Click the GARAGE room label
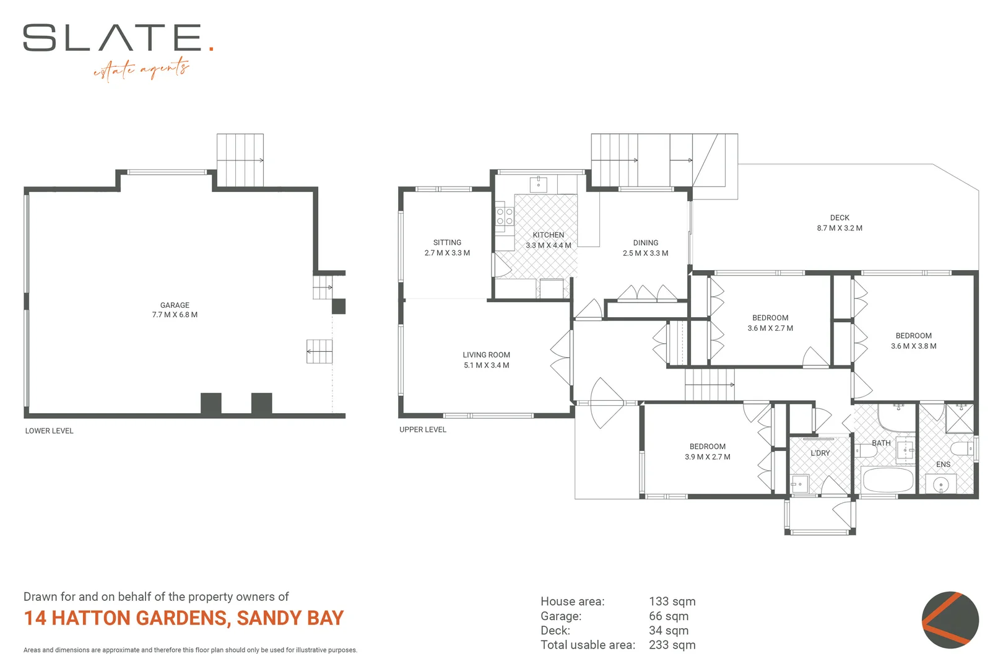[x=175, y=305]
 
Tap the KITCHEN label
[x=548, y=235]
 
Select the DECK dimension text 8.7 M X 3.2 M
[x=839, y=228]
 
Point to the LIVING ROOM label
[x=486, y=355]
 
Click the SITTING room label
[x=447, y=242]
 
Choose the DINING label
[x=645, y=243]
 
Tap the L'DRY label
[x=820, y=453]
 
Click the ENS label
[x=943, y=464]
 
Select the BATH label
[x=880, y=443]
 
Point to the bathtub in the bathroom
[x=887, y=480]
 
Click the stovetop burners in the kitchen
[x=504, y=216]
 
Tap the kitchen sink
[x=538, y=184]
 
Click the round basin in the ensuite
[x=940, y=484]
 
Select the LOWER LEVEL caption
[x=49, y=431]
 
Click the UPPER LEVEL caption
[x=422, y=429]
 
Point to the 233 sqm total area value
[x=672, y=645]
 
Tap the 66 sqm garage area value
[x=668, y=616]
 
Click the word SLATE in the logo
[x=113, y=38]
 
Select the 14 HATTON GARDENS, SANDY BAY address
[x=183, y=618]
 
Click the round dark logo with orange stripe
[x=950, y=620]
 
